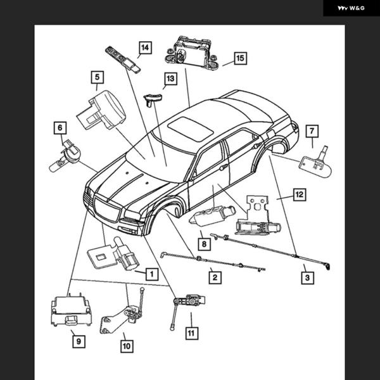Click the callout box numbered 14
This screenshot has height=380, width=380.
[x=146, y=47]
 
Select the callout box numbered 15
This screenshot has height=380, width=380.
[x=239, y=58]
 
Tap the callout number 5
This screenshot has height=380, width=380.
[x=96, y=78]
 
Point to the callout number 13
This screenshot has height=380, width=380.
[x=170, y=79]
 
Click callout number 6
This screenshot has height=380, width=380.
[x=60, y=129]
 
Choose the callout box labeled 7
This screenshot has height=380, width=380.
[x=312, y=131]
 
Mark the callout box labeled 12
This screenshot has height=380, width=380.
[x=299, y=195]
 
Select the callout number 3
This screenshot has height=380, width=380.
[x=307, y=277]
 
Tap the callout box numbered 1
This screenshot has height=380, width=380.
[x=151, y=274]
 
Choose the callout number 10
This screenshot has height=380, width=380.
[x=127, y=346]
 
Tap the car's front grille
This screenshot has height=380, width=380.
[x=108, y=210]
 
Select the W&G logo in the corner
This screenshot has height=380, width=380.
[x=351, y=8]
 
